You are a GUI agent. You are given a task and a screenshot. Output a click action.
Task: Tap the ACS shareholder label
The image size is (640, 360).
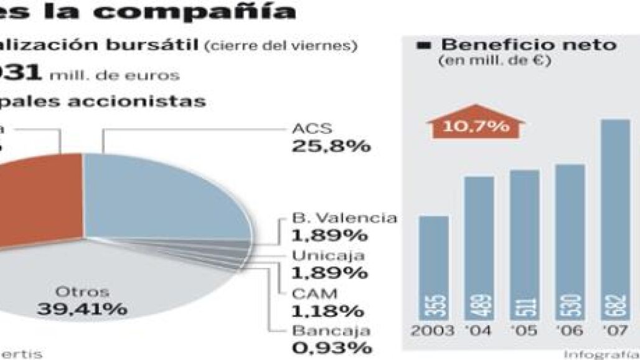click(312, 130)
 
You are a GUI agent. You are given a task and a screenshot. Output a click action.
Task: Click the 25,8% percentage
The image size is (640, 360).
click(331, 147)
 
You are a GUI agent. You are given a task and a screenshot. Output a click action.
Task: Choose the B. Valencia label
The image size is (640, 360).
click(344, 218)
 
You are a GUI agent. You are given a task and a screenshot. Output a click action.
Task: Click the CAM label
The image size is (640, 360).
click(314, 293)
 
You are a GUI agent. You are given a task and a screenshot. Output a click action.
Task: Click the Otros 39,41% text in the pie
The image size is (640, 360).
click(82, 300)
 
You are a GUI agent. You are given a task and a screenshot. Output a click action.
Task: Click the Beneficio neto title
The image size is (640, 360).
click(529, 45)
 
